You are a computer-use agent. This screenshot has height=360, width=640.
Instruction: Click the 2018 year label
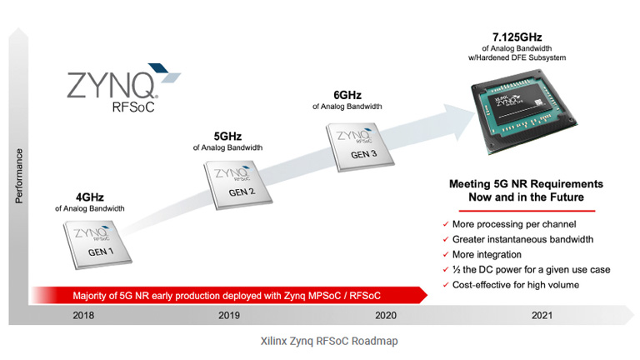(x=83, y=315)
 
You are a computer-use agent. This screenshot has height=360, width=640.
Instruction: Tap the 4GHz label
(x=89, y=197)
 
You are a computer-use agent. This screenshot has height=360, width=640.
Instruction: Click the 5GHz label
(x=227, y=135)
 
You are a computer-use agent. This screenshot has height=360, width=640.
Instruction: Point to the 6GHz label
(x=347, y=94)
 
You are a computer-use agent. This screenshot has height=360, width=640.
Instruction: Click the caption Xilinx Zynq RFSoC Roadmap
(x=319, y=342)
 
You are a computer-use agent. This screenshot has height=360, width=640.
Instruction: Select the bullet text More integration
(x=487, y=254)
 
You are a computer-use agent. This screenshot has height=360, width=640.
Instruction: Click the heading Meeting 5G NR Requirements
(x=526, y=183)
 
